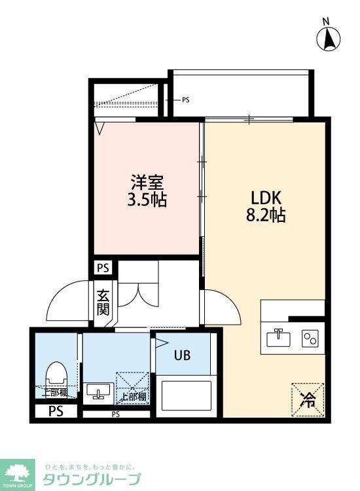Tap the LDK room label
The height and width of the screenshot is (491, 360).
(266, 197)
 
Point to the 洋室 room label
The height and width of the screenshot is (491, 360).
(146, 181)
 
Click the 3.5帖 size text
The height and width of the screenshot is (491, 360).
(146, 198)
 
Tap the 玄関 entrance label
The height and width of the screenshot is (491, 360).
(103, 302)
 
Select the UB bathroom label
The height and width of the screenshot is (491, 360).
(182, 355)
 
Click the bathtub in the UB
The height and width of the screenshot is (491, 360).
(187, 396)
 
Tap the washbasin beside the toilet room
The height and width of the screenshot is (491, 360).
(98, 391)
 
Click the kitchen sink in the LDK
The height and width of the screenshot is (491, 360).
(279, 338)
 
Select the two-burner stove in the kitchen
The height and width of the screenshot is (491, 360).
(308, 338)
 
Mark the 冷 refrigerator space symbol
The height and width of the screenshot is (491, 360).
(307, 398)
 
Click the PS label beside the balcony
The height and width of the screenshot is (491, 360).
(185, 100)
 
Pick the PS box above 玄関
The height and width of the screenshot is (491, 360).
(103, 268)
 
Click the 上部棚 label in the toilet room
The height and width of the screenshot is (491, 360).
(55, 393)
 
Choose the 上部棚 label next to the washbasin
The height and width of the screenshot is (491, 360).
(133, 396)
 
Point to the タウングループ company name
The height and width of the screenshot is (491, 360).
(91, 479)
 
